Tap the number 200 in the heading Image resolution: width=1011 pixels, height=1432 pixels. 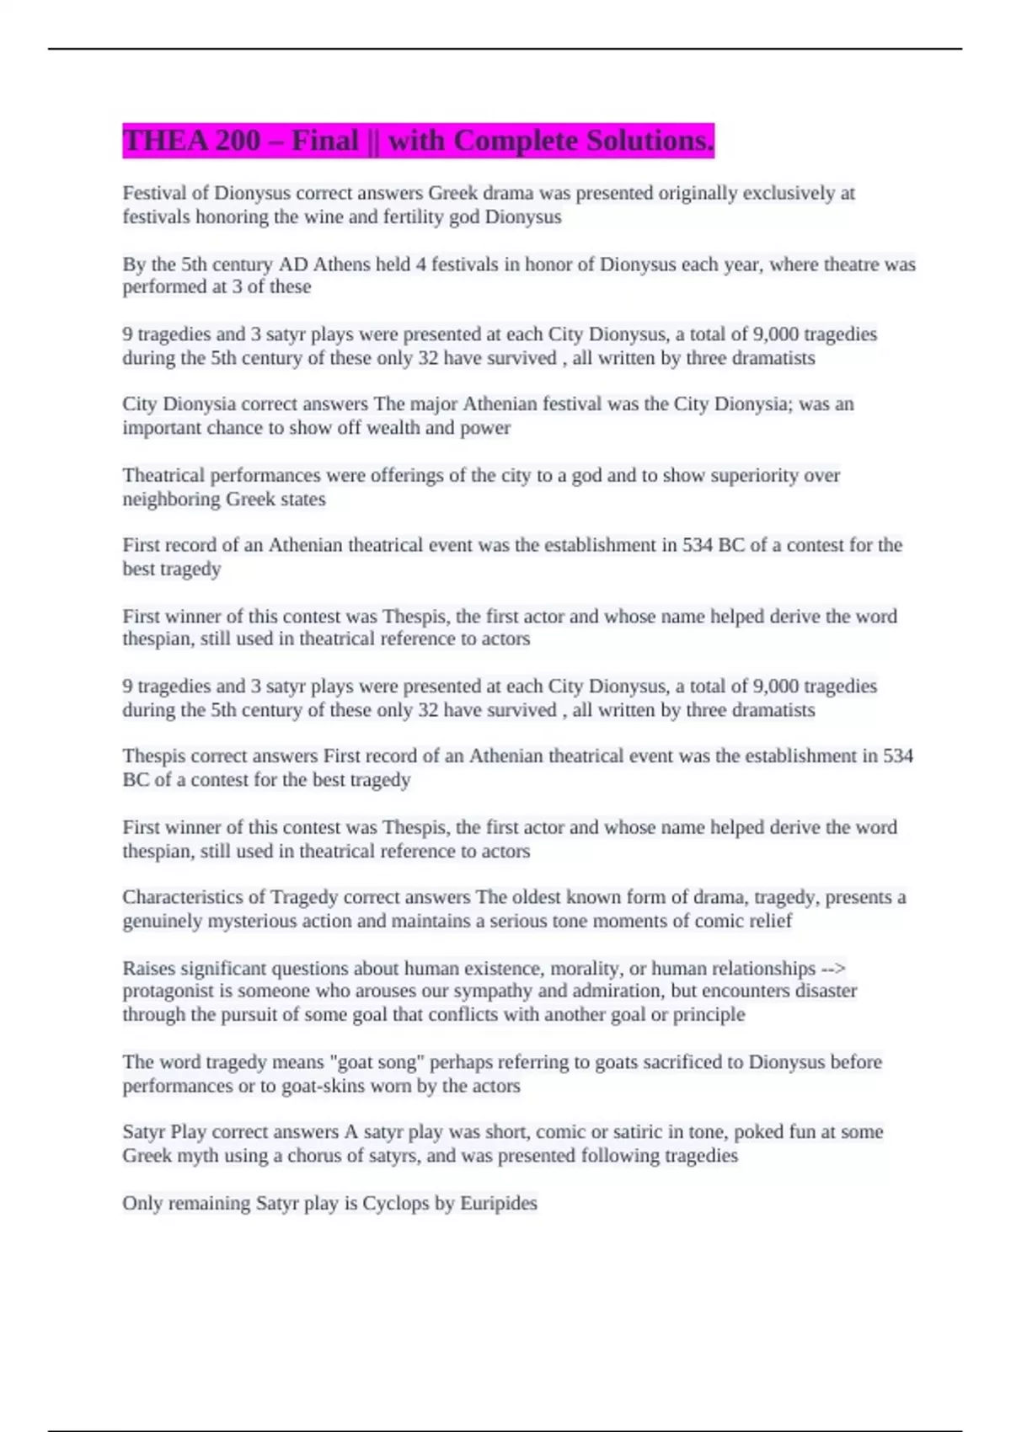tap(238, 141)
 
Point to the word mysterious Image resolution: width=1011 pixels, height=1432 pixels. tap(253, 921)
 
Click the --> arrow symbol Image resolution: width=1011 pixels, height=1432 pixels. tap(832, 969)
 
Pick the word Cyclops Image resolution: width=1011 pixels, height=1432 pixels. tap(395, 1203)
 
